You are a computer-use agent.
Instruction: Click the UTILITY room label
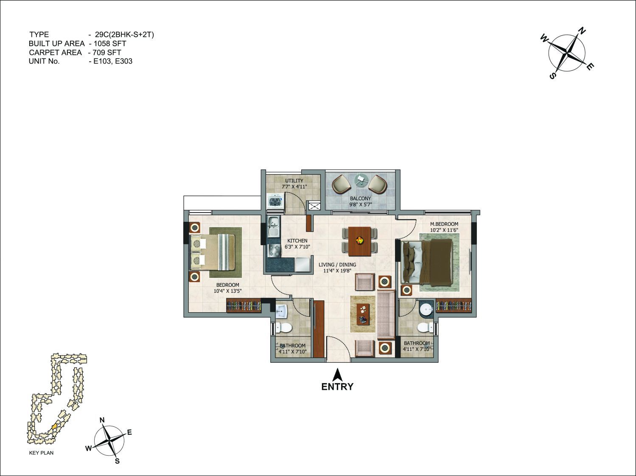pyautogui.click(x=294, y=180)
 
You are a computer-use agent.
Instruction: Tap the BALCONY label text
pyautogui.click(x=361, y=199)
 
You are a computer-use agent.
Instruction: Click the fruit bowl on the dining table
pyautogui.click(x=359, y=240)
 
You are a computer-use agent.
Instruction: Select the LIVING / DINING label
pyautogui.click(x=337, y=264)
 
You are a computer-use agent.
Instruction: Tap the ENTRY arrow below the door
pyautogui.click(x=337, y=374)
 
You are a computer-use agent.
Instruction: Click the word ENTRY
pyautogui.click(x=337, y=387)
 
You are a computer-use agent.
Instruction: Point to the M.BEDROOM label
pyautogui.click(x=444, y=224)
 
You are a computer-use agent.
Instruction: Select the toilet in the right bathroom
pyautogui.click(x=425, y=328)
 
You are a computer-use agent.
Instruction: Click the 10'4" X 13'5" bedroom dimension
pyautogui.click(x=228, y=291)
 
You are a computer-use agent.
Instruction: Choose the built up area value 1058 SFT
pyautogui.click(x=110, y=44)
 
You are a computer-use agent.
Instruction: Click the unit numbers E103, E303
pyautogui.click(x=113, y=62)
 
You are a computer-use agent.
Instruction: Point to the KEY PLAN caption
pyautogui.click(x=41, y=453)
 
